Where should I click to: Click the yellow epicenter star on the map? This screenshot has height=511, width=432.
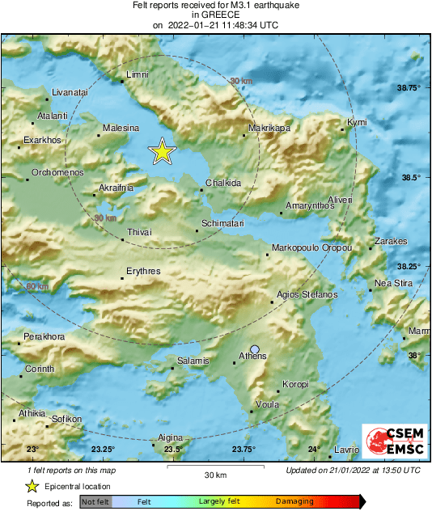[x=163, y=152]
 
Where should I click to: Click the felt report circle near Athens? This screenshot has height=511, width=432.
[x=255, y=349]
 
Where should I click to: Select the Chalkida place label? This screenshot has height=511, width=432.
[x=223, y=184]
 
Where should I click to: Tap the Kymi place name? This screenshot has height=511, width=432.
[x=357, y=122]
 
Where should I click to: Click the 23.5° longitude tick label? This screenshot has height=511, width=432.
[x=172, y=450]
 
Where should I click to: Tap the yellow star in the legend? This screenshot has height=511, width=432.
[x=32, y=486]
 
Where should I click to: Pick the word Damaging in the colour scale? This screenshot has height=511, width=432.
[x=294, y=502]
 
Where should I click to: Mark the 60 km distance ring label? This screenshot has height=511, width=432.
[x=37, y=287]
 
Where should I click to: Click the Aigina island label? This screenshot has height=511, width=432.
[x=170, y=437]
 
